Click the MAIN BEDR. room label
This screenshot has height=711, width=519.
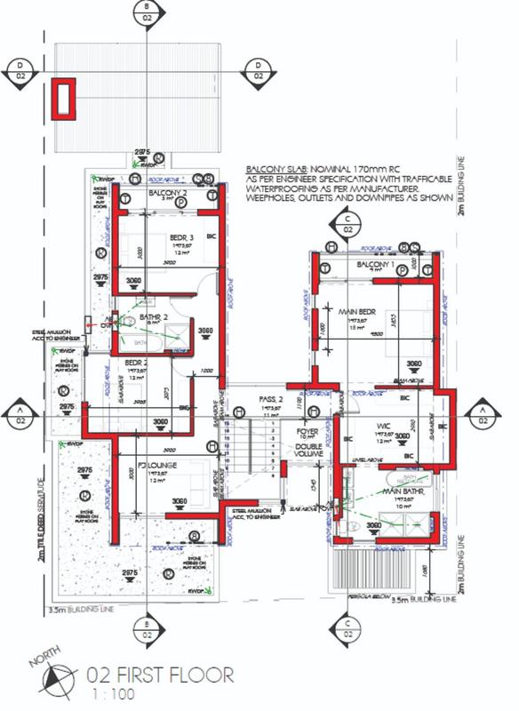354,311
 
